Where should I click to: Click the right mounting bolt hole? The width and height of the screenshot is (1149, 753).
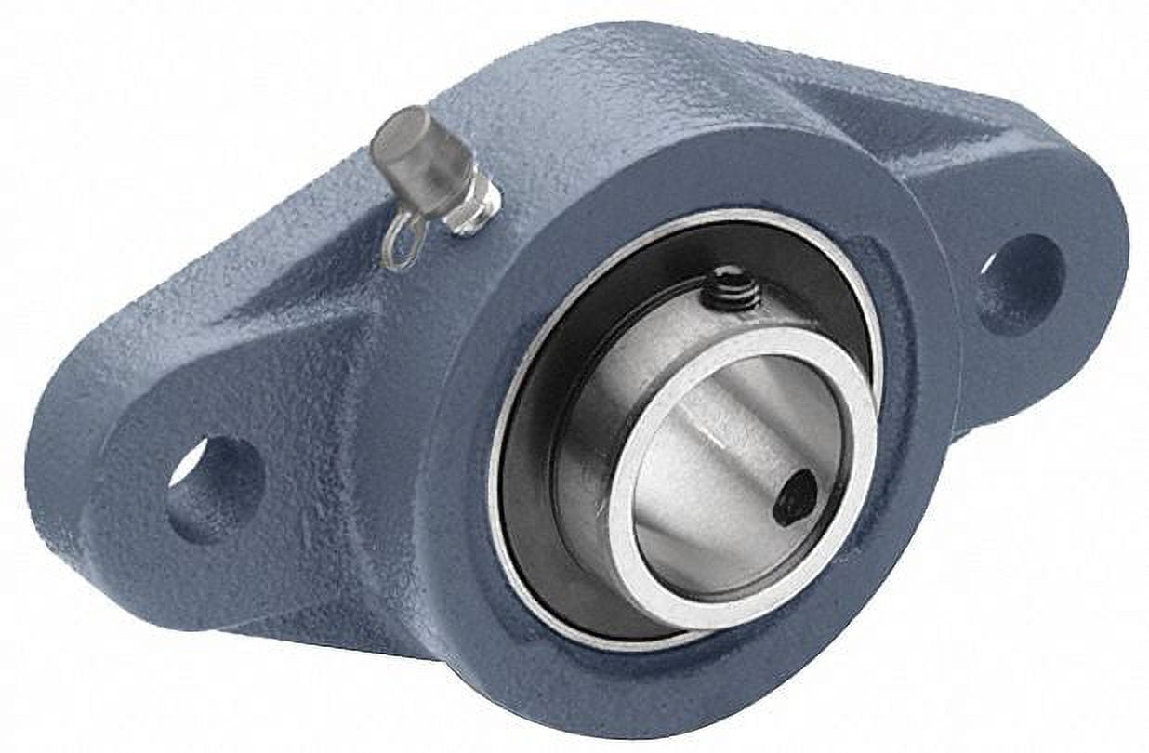[1020, 284]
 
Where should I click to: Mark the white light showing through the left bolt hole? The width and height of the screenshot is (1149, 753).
[186, 465]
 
